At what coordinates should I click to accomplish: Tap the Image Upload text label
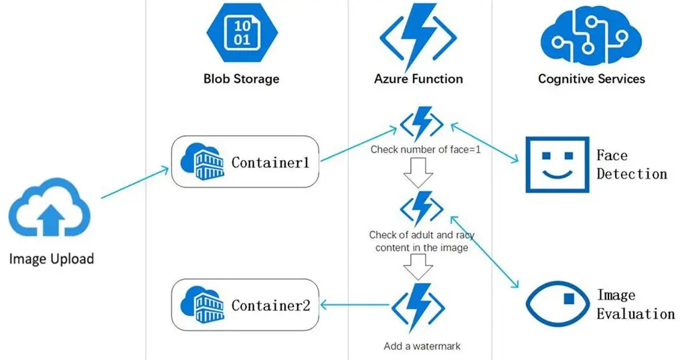click(52, 259)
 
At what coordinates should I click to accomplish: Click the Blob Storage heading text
click(241, 79)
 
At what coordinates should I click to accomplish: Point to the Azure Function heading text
click(418, 79)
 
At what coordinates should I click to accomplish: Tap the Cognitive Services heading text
click(591, 79)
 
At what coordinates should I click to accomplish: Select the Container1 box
click(244, 161)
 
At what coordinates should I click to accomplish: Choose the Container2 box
click(244, 305)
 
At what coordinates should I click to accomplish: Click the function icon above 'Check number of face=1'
click(421, 123)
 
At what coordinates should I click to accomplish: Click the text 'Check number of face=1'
click(426, 149)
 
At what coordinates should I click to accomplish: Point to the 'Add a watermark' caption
click(422, 347)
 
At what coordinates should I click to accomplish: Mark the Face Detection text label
click(631, 165)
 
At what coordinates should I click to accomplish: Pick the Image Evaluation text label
click(635, 304)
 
